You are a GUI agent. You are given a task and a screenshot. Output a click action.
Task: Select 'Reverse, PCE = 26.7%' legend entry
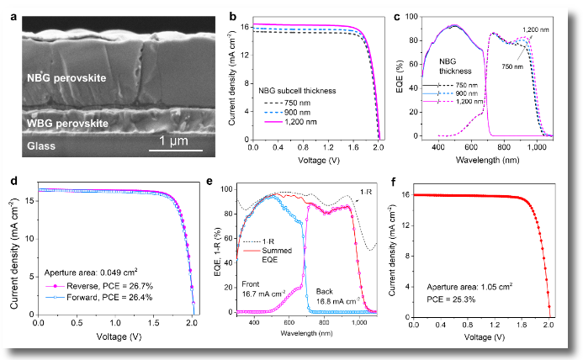tap(98, 285)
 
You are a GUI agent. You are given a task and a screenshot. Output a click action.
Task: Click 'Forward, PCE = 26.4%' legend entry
tap(98, 296)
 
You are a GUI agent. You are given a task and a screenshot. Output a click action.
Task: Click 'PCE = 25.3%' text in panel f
tap(437, 297)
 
